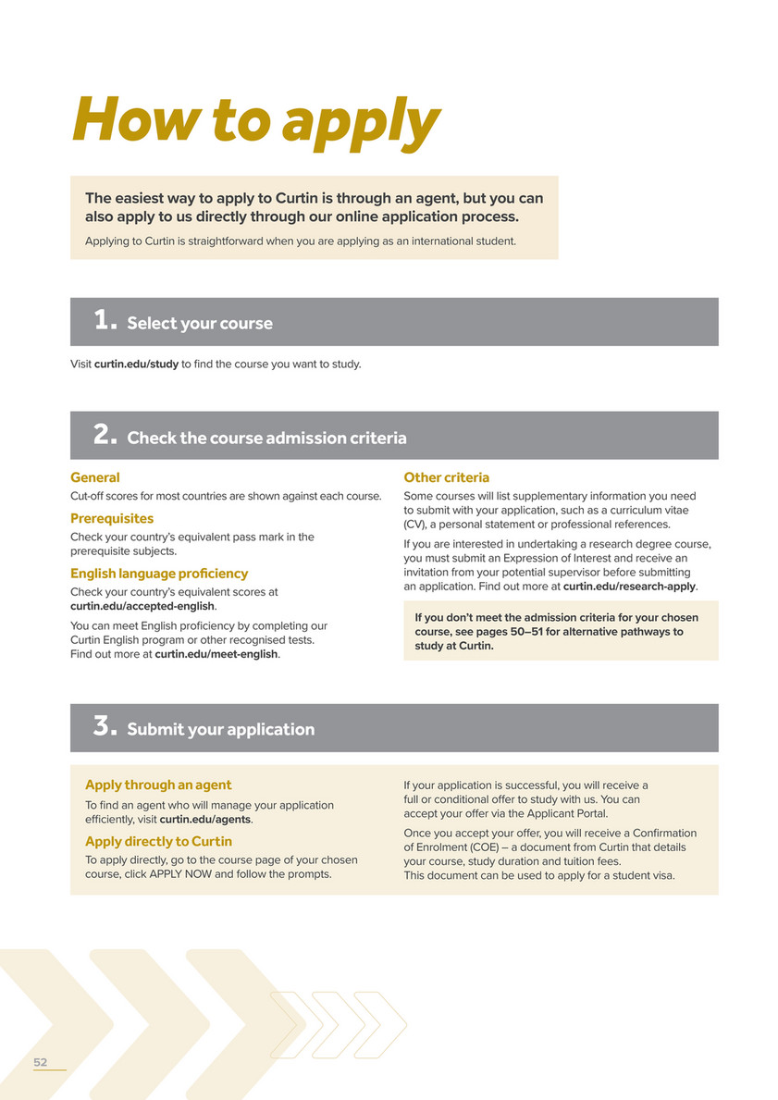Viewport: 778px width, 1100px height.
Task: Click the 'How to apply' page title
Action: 255,120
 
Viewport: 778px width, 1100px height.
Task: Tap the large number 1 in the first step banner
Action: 105,321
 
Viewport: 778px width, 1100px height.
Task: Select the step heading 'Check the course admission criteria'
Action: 266,438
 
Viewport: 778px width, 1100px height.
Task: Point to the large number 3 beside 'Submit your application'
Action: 105,727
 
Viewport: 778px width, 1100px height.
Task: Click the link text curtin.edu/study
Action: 136,364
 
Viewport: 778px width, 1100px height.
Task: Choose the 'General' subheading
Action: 95,477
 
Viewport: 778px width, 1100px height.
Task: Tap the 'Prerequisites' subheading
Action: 112,518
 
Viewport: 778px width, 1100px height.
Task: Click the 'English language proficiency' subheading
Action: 159,574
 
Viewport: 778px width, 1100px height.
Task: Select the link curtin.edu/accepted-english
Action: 142,606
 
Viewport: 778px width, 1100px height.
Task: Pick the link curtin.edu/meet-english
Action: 216,654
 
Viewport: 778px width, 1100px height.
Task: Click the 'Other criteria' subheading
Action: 447,477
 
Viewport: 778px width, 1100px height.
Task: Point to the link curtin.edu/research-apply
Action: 629,586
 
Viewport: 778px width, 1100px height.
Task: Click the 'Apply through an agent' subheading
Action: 158,785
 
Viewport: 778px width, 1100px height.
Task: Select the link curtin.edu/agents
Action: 205,819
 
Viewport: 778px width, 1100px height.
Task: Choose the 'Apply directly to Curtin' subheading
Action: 158,841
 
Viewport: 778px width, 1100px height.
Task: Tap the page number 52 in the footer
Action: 41,1062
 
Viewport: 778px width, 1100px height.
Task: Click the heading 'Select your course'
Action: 200,323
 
